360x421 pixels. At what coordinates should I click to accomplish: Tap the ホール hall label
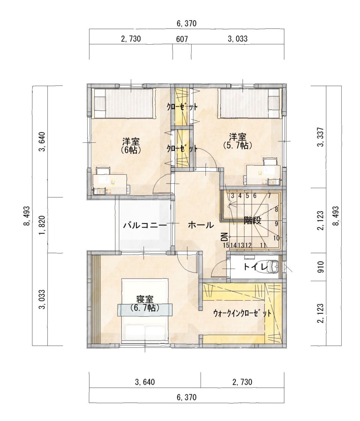coord(201,225)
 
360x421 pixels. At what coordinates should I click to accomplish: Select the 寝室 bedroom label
coord(145,299)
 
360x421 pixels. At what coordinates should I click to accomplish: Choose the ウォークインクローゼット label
coord(242,313)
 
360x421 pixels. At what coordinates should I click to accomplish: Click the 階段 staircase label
coord(252,221)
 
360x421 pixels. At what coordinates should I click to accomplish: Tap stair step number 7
coord(269,196)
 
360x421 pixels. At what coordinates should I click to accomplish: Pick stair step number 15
coord(226,245)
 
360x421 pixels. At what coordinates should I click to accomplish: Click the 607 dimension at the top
coord(182,39)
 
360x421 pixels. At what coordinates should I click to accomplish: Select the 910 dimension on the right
coord(321,267)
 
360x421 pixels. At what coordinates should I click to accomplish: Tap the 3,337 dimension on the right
coord(321,137)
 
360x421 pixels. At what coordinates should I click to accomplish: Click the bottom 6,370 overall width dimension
coord(186,397)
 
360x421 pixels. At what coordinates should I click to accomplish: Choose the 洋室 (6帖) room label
coord(131,145)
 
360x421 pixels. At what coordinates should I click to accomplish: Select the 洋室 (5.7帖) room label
coord(237,141)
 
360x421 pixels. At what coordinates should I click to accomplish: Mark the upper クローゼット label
coord(182,106)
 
